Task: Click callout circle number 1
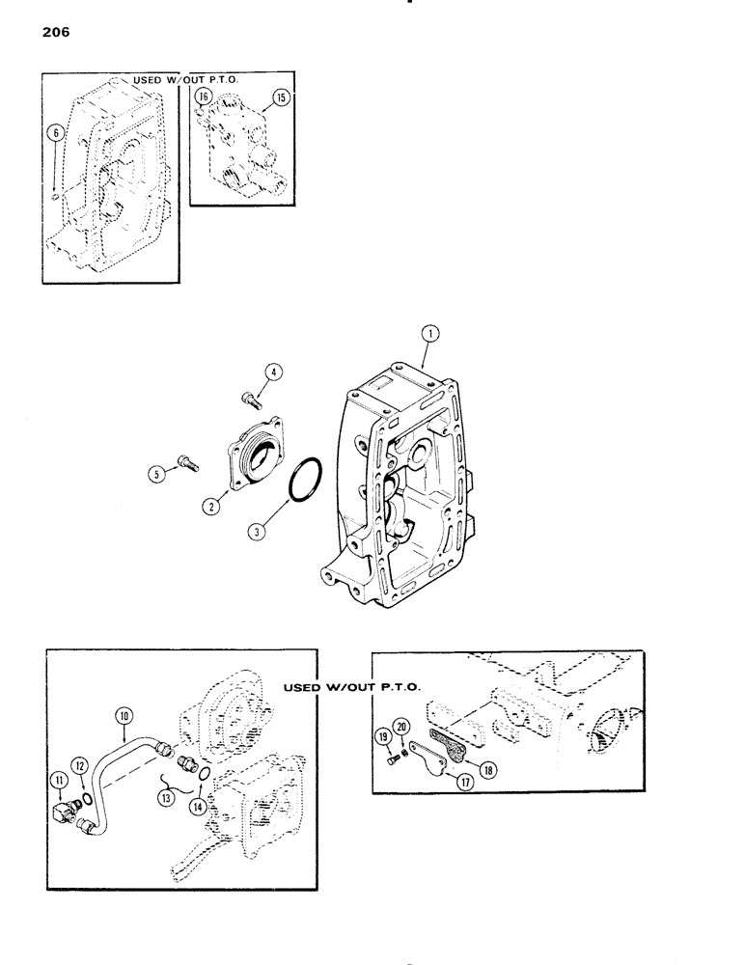[430, 334]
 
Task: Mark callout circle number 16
[203, 96]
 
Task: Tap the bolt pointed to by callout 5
[187, 463]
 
